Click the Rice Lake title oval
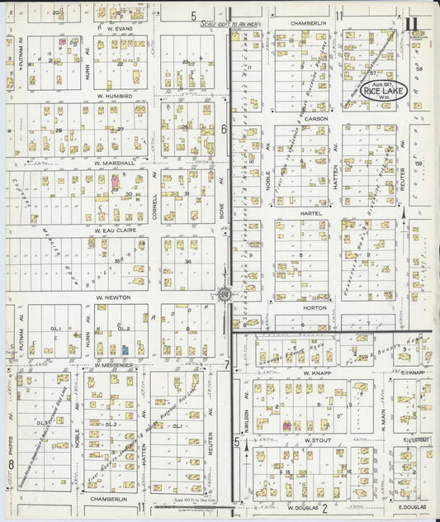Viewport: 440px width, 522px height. tap(384, 90)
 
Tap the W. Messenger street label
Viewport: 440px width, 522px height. tap(113, 364)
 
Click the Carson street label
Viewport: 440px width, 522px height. tap(316, 119)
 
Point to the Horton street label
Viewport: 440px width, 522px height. tap(316, 307)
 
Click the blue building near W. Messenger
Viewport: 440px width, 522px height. tap(124, 350)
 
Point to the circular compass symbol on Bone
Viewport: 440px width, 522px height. tap(224, 293)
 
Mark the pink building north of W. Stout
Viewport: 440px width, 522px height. tap(286, 425)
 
